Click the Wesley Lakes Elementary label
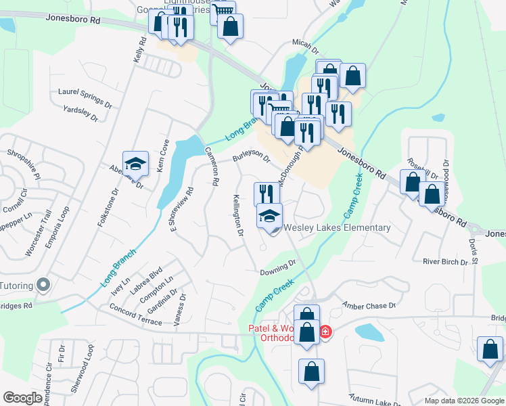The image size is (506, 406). click(x=338, y=228)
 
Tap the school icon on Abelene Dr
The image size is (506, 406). click(x=135, y=164)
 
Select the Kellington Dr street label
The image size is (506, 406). click(x=237, y=215)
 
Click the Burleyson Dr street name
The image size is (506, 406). click(x=252, y=157)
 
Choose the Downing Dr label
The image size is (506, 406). click(x=279, y=267)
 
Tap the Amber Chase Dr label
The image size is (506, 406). click(x=369, y=306)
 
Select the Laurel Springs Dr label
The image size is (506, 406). click(x=85, y=97)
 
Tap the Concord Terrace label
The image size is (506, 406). click(x=135, y=314)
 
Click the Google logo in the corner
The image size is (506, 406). click(x=22, y=397)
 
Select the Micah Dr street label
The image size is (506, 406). click(x=305, y=46)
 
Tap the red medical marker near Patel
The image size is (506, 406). click(x=325, y=332)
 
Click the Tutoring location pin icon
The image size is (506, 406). click(x=43, y=285)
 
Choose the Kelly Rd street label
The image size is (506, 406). click(x=140, y=52)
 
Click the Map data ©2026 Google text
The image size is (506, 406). click(x=463, y=401)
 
